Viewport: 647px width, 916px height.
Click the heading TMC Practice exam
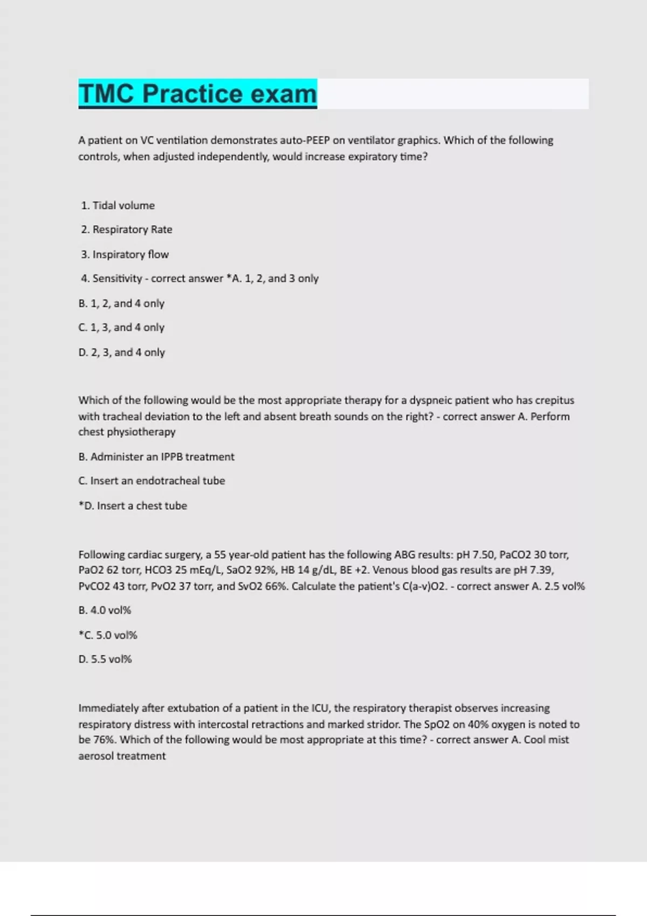197,94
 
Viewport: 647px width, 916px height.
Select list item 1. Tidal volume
118,205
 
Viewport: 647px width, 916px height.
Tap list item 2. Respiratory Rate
127,230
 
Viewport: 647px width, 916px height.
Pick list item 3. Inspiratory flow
125,254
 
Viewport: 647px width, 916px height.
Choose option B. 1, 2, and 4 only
121,303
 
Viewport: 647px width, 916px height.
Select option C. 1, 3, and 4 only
121,328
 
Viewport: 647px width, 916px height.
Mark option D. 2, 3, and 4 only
121,352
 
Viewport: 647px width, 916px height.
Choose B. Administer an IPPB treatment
156,457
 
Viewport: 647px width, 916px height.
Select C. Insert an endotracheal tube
152,481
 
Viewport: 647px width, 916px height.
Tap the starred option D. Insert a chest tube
133,506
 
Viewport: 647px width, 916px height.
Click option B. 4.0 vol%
105,610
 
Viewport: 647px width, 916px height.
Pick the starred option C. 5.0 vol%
108,635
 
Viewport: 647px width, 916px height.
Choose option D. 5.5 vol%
105,660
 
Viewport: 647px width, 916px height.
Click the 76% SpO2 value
102,740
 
